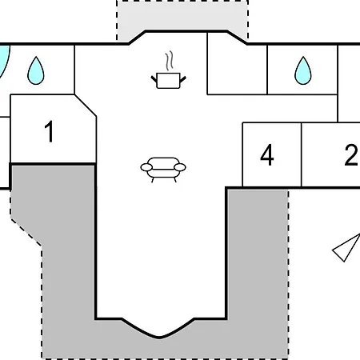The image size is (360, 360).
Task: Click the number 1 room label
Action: (50, 131)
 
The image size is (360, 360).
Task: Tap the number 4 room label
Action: (267, 155)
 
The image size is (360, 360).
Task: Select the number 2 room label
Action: (351, 155)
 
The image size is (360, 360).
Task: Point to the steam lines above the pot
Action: (169, 61)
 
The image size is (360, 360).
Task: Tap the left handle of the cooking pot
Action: (154, 79)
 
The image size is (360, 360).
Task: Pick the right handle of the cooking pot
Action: (183, 79)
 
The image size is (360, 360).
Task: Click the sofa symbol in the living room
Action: (163, 170)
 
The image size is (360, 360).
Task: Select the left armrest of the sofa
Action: (146, 167)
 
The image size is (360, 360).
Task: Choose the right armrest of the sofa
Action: (180, 167)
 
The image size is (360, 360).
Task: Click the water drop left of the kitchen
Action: (36, 70)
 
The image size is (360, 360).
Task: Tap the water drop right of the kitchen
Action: (303, 70)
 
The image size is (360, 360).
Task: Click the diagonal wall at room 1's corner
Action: (86, 106)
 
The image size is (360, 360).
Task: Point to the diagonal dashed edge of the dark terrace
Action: (26, 232)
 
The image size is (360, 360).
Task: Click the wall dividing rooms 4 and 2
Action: (302, 155)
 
